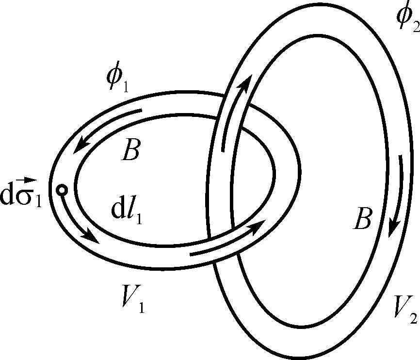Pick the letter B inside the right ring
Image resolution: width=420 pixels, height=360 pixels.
(362, 219)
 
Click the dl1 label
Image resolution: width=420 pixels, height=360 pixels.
(128, 212)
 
